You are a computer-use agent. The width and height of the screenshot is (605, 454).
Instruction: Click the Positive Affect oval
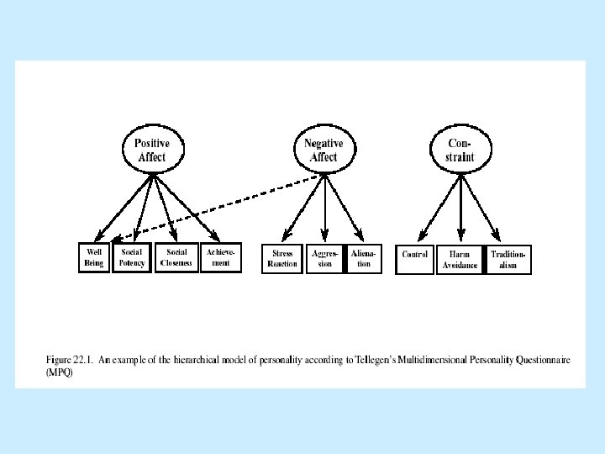(152, 150)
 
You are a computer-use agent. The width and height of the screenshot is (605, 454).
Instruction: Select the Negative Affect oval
(324, 150)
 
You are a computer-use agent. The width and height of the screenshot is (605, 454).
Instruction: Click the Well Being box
(93, 258)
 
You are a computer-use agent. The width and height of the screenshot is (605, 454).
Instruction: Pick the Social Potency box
(133, 258)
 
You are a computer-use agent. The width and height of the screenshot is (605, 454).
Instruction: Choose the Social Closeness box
(176, 258)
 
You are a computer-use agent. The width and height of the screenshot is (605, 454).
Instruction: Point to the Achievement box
(221, 258)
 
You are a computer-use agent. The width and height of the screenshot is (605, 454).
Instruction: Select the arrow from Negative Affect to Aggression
(324, 206)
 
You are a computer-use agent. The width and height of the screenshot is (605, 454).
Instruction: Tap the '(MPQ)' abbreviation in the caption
(60, 372)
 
